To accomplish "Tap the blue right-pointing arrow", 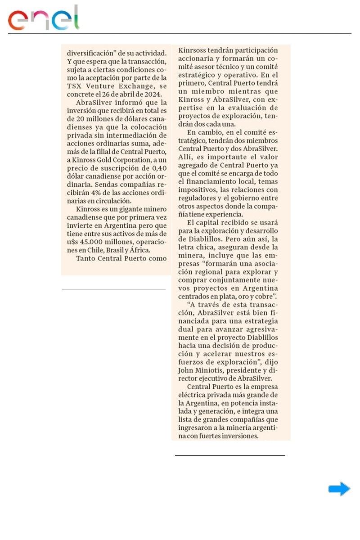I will point(339,489).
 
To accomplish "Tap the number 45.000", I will point(95,242).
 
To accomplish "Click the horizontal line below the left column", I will point(113,289).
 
